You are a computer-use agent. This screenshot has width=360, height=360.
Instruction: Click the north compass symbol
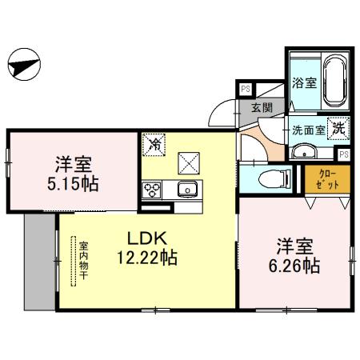[x=24, y=64]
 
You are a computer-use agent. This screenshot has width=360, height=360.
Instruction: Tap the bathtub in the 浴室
[x=334, y=81]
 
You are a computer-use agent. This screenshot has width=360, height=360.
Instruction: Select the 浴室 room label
[x=304, y=83]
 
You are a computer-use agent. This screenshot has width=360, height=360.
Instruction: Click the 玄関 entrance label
[x=262, y=108]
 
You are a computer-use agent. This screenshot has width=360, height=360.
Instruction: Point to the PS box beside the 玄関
[x=246, y=89]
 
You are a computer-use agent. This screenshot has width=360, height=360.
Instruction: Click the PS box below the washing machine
[x=343, y=154]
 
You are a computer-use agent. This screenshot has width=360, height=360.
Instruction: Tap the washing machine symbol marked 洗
[x=338, y=128]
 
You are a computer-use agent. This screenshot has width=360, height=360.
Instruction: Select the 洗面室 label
[x=309, y=130]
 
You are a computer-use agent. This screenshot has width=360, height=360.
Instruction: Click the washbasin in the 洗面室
[x=304, y=152]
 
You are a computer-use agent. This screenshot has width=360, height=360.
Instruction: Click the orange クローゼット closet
[x=327, y=179]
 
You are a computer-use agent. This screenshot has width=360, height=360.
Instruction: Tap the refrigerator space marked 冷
[x=154, y=145]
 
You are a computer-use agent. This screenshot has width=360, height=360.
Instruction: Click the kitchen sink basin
[x=188, y=189]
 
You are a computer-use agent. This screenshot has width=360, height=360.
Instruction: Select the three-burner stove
[x=151, y=190]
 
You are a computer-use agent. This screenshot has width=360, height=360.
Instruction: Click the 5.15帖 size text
[x=73, y=184]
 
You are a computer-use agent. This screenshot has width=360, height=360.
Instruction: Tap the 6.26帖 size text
[x=294, y=266]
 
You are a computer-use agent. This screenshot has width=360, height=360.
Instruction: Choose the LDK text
[x=147, y=238]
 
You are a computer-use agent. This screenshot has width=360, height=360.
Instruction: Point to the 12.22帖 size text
[x=147, y=258]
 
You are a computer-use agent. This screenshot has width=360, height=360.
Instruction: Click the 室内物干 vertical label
[x=84, y=261]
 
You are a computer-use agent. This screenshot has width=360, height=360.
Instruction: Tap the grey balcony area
[x=40, y=262]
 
